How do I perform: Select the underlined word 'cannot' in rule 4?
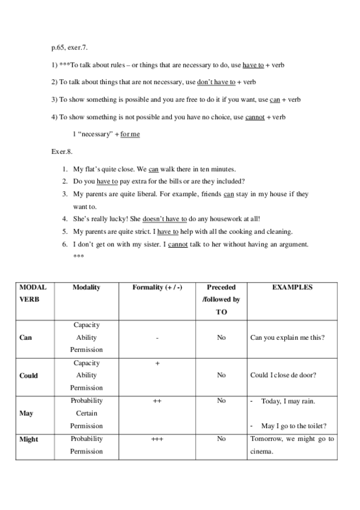click(254, 117)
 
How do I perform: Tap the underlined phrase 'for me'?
click(130, 134)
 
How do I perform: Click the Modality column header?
click(86, 287)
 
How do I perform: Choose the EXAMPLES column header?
click(292, 287)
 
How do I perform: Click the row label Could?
click(28, 375)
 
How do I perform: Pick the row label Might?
click(29, 439)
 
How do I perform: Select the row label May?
click(26, 413)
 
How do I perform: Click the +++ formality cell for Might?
click(157, 439)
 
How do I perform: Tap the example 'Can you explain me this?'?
click(287, 337)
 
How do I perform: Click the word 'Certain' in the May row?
click(87, 413)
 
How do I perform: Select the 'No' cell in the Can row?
click(221, 337)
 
